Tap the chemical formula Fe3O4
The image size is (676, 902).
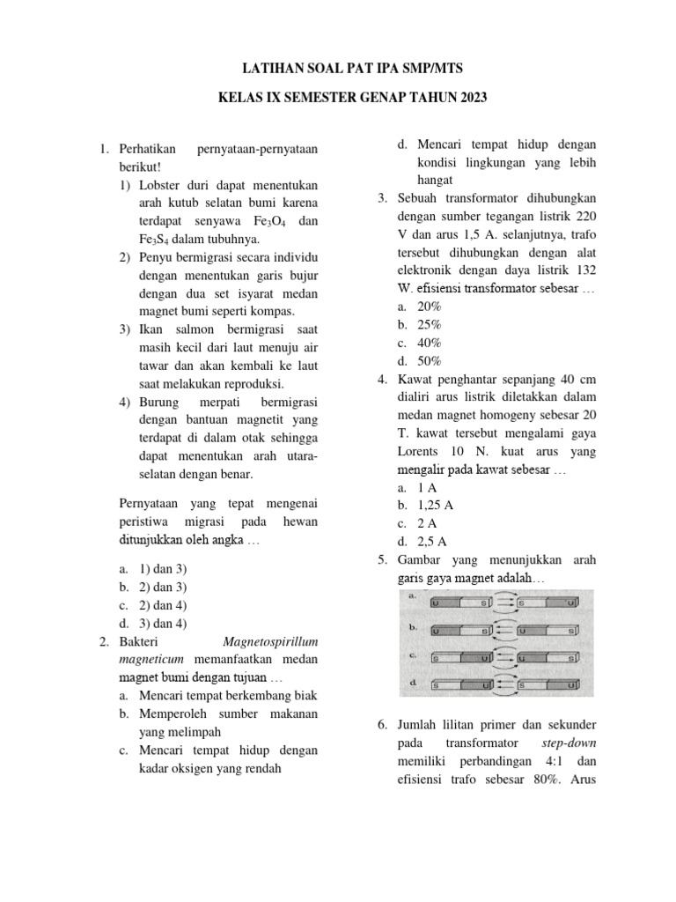tap(266, 222)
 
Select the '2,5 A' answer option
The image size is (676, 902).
tap(430, 541)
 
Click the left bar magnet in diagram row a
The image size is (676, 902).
tap(459, 604)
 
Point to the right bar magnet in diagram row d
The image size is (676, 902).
tap(547, 684)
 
